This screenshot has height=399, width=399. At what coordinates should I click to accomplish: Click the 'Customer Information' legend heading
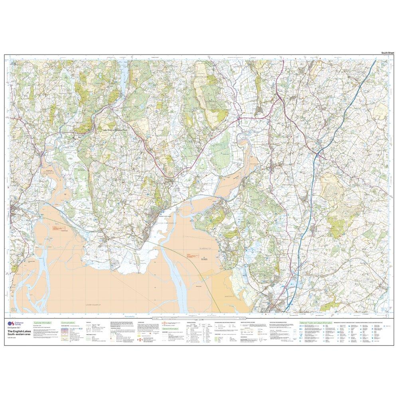[43, 322]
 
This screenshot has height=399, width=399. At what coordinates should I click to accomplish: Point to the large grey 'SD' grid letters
[15, 310]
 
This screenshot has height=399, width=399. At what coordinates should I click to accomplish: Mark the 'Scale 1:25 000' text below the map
[198, 319]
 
